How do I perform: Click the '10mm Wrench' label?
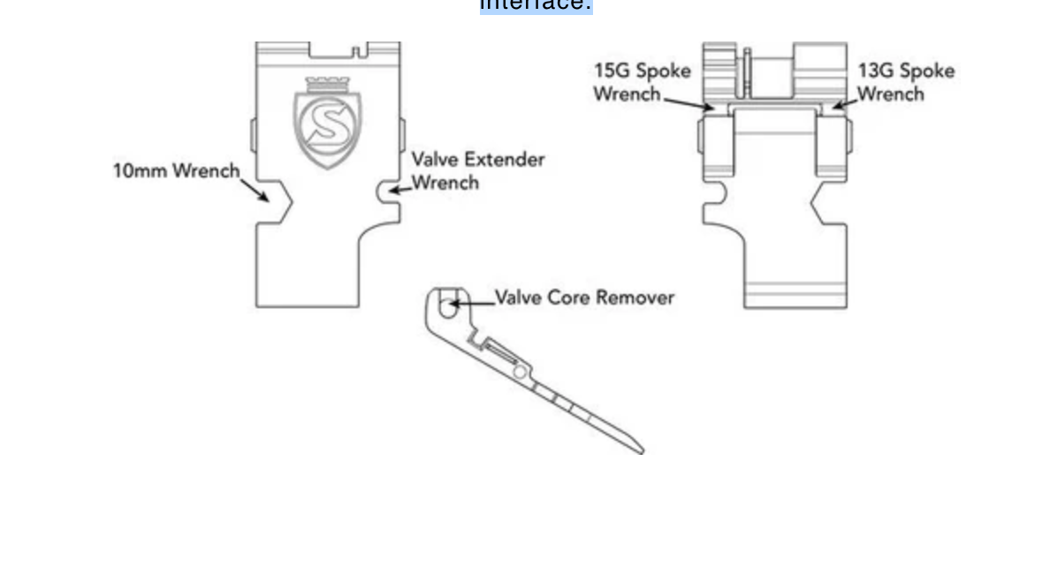pyautogui.click(x=176, y=170)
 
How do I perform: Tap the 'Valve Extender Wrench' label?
pyautogui.click(x=477, y=171)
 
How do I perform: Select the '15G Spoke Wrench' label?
pyautogui.click(x=642, y=81)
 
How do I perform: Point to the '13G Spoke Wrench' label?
pyautogui.click(x=906, y=81)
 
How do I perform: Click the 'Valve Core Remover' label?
pyautogui.click(x=584, y=297)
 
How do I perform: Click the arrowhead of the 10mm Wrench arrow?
pyautogui.click(x=266, y=198)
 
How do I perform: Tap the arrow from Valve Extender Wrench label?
pyautogui.click(x=400, y=187)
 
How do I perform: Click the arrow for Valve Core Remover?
pyautogui.click(x=470, y=305)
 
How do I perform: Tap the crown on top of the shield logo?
pyautogui.click(x=328, y=84)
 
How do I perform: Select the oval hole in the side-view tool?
pyautogui.click(x=448, y=309)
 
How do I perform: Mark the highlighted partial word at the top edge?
pyautogui.click(x=536, y=5)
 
